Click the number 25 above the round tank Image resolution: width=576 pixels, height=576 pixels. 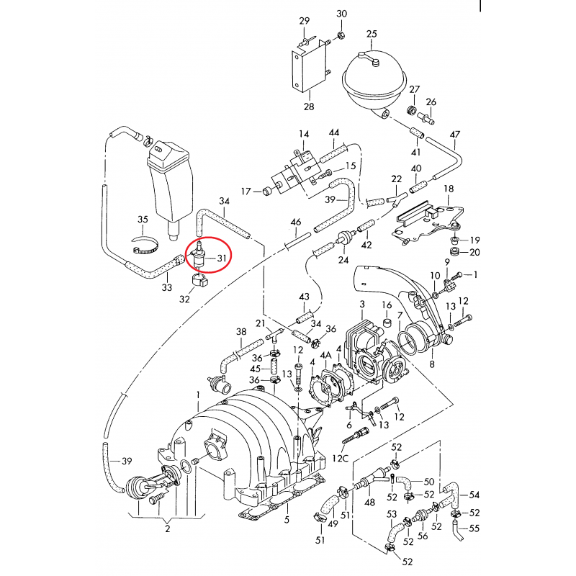point(372,34)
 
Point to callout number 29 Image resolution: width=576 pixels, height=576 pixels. point(304,20)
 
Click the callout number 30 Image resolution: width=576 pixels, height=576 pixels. point(341,14)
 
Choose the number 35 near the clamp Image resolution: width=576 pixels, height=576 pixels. point(143,220)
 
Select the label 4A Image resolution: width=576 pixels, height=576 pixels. point(325,355)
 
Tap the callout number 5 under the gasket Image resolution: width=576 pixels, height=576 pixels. point(287,520)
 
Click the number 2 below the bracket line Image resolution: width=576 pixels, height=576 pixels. point(167,530)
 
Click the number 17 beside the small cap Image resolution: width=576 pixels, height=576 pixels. point(246,192)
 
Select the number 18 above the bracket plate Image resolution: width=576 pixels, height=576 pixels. point(449,189)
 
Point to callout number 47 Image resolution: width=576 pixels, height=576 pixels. point(454,135)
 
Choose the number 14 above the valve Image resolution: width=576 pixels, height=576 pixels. point(304,135)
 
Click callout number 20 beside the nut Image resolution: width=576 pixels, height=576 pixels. point(474,252)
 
